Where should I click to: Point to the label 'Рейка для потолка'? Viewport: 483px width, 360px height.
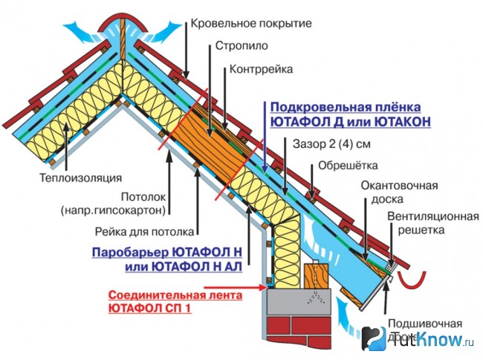(x=145, y=231)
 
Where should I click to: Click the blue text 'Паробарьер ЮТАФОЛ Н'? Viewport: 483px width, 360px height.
(x=170, y=251)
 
